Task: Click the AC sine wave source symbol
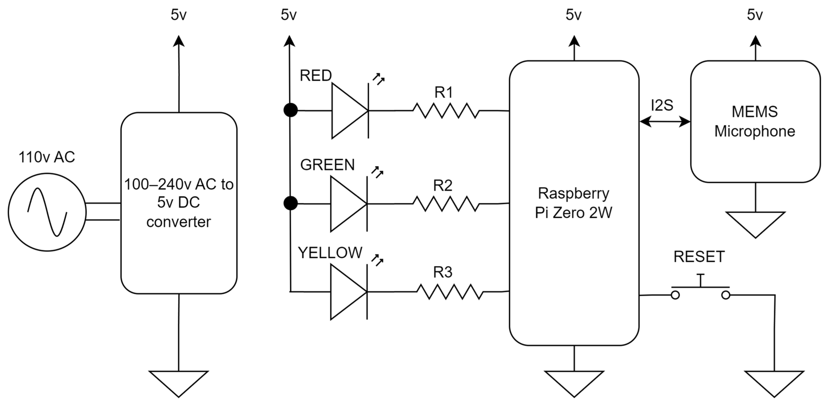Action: coord(47,212)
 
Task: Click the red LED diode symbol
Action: coord(350,111)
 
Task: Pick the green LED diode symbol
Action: coord(349,204)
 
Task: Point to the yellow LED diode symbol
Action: coord(349,292)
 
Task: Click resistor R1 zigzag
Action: coord(446,111)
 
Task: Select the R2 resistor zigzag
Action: coord(446,204)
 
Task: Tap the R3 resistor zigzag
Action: coord(449,292)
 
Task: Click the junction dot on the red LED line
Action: coord(290,111)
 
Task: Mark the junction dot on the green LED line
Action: coord(290,203)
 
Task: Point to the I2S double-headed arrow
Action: coord(665,122)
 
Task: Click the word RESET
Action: coord(699,256)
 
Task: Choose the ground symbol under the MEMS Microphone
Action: coord(755,223)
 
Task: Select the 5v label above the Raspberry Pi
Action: coord(574,15)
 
